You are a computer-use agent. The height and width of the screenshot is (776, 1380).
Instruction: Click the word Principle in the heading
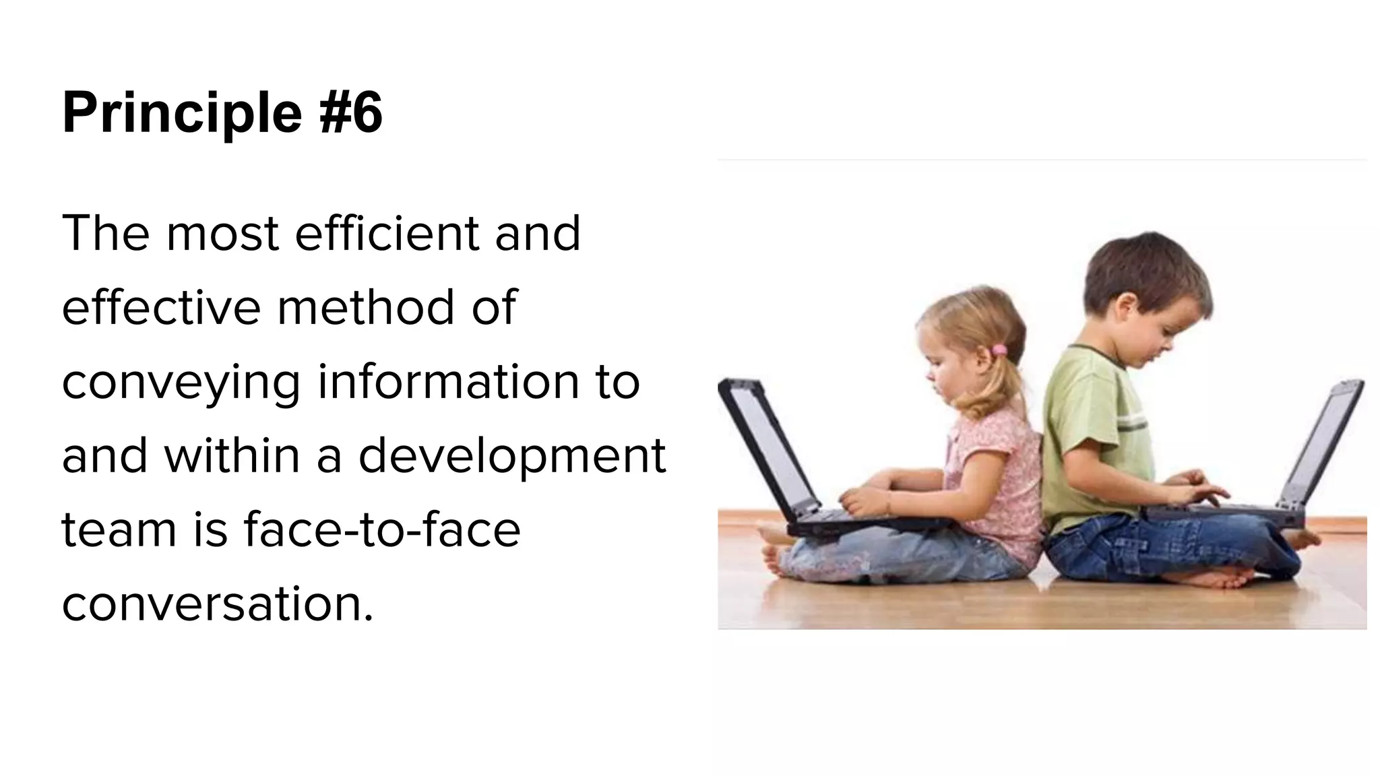(182, 113)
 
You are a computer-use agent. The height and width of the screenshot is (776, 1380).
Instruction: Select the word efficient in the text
(387, 233)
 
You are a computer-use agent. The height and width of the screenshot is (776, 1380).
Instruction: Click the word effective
(161, 307)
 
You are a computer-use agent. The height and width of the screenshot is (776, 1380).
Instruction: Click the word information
(447, 381)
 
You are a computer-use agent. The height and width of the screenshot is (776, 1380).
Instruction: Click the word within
(232, 455)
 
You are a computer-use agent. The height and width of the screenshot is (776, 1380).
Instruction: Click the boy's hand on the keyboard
(1199, 488)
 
